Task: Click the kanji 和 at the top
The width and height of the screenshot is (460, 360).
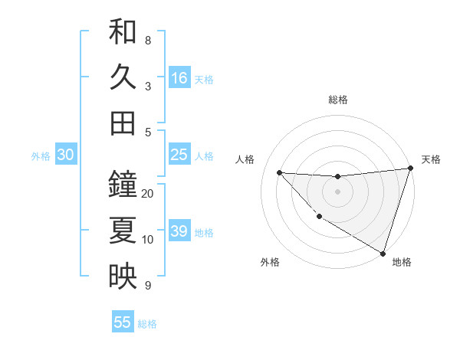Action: pyautogui.click(x=123, y=32)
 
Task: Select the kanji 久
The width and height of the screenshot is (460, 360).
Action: pyautogui.click(x=123, y=77)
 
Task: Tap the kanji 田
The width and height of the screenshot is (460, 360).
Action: pyautogui.click(x=123, y=123)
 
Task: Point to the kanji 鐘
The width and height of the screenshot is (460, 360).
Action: pyautogui.click(x=123, y=185)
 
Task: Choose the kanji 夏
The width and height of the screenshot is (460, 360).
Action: pyautogui.click(x=123, y=230)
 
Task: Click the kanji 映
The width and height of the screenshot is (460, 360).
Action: pyautogui.click(x=123, y=275)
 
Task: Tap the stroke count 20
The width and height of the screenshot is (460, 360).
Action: pyautogui.click(x=148, y=194)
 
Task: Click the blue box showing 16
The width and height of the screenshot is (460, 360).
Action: pyautogui.click(x=179, y=78)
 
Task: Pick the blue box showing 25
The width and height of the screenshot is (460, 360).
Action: pyautogui.click(x=179, y=155)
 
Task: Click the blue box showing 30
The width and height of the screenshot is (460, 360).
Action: pyautogui.click(x=66, y=155)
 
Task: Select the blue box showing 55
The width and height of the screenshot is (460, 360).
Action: pyautogui.click(x=123, y=322)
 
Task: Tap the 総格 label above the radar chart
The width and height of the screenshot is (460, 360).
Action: pyautogui.click(x=338, y=100)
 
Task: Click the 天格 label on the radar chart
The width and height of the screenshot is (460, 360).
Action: pyautogui.click(x=431, y=159)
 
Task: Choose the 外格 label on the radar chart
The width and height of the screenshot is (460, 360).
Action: pyautogui.click(x=270, y=262)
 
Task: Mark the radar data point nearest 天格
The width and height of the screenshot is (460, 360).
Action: pyautogui.click(x=411, y=168)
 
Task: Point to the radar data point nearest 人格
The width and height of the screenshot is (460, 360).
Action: pyautogui.click(x=279, y=172)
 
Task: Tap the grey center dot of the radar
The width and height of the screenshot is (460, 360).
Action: pyautogui.click(x=337, y=191)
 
